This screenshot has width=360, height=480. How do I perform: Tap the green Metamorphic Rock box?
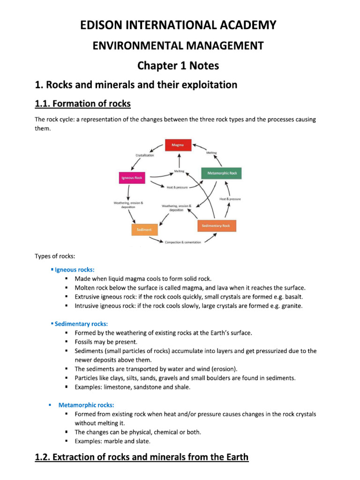coord(222,173)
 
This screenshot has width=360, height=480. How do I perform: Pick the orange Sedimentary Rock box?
coord(217,226)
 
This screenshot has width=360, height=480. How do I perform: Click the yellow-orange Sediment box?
coord(144,230)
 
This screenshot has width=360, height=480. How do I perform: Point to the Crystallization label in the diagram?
coord(144,155)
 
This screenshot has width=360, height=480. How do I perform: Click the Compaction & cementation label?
coord(182,242)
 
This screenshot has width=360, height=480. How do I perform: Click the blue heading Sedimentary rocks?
coord(81,324)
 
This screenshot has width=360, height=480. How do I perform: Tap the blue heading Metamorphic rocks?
coord(86,405)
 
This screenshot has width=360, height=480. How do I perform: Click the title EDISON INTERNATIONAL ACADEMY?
coord(180,25)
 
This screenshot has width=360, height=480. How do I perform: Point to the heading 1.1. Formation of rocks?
coord(83,104)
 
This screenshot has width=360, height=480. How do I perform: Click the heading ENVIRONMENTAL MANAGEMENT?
coord(180,45)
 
